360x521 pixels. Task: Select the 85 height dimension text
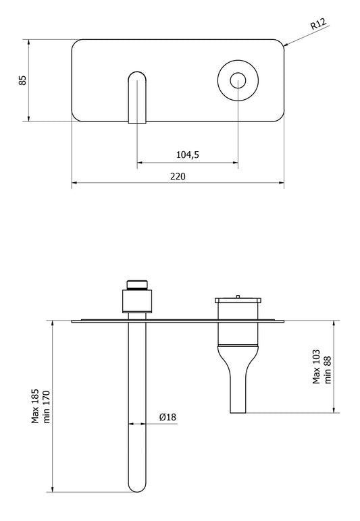coord(22,80)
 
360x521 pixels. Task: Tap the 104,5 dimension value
coord(187,155)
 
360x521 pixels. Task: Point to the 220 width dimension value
coord(178,175)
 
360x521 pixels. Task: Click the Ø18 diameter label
coord(168,418)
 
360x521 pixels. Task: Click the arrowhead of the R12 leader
coord(287,44)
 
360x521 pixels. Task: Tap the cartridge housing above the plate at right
coord(238,307)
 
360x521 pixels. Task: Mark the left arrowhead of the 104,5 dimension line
coord(140,162)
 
